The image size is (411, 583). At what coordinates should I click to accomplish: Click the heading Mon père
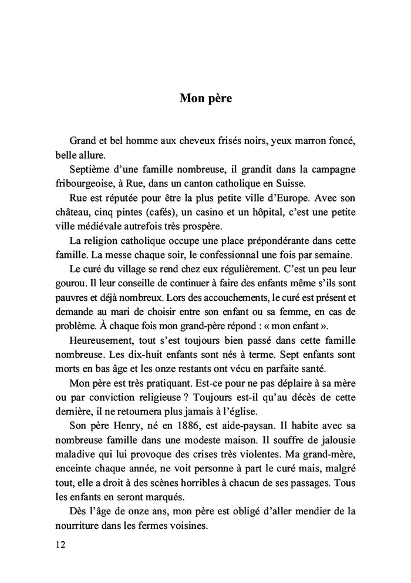pyautogui.click(x=206, y=98)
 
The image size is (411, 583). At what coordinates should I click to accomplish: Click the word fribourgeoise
pyautogui.click(x=83, y=183)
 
